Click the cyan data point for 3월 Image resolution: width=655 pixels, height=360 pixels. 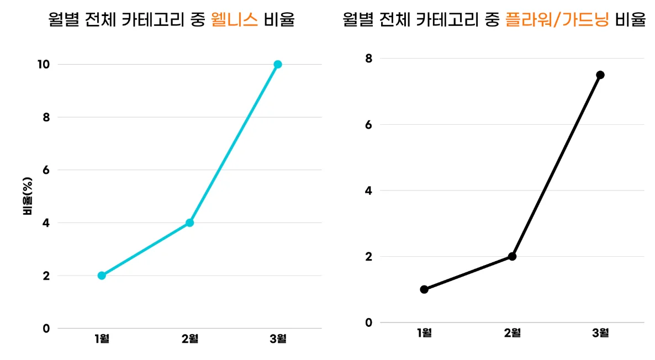[278, 64]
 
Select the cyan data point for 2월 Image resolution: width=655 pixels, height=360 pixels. [189, 223]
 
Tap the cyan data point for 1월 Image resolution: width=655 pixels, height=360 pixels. [102, 276]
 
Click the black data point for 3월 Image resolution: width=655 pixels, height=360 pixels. [600, 75]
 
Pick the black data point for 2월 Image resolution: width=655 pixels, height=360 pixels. [512, 256]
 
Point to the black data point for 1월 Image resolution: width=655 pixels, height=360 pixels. [424, 289]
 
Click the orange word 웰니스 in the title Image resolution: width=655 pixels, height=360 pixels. [235, 20]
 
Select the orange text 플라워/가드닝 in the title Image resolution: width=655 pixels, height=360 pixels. [557, 20]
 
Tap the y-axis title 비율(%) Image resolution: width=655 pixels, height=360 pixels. [27, 197]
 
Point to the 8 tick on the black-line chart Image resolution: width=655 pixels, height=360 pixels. [369, 58]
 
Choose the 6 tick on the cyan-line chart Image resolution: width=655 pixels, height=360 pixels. [46, 170]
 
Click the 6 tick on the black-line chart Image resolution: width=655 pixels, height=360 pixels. [369, 124]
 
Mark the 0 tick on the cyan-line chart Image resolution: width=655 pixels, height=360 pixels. [46, 329]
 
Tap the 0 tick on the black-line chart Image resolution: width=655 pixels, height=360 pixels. [369, 322]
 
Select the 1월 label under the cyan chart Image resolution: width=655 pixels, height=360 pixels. [102, 338]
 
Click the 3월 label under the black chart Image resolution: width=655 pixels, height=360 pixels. [600, 332]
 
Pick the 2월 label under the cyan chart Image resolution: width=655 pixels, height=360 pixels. [189, 338]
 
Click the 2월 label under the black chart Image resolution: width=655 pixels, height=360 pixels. [512, 332]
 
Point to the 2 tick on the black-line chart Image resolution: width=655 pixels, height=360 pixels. [369, 256]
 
